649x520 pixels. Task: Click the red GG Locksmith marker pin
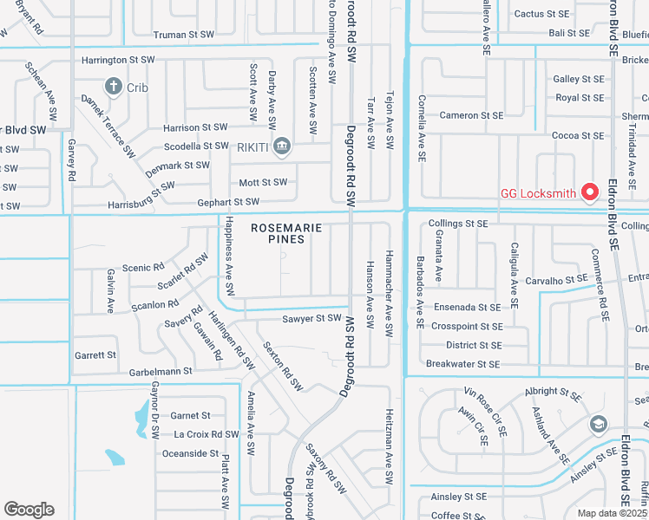591,192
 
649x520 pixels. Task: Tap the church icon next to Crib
113,87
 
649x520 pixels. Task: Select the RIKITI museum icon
281,146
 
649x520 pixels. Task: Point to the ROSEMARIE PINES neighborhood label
287,233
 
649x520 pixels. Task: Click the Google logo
29,510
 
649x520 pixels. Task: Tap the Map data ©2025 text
612,513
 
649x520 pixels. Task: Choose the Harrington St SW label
118,61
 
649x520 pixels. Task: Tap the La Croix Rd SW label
206,434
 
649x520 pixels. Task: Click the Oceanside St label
190,453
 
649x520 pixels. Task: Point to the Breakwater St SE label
463,364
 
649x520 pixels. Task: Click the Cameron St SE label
471,115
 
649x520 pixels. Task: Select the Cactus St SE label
541,14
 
